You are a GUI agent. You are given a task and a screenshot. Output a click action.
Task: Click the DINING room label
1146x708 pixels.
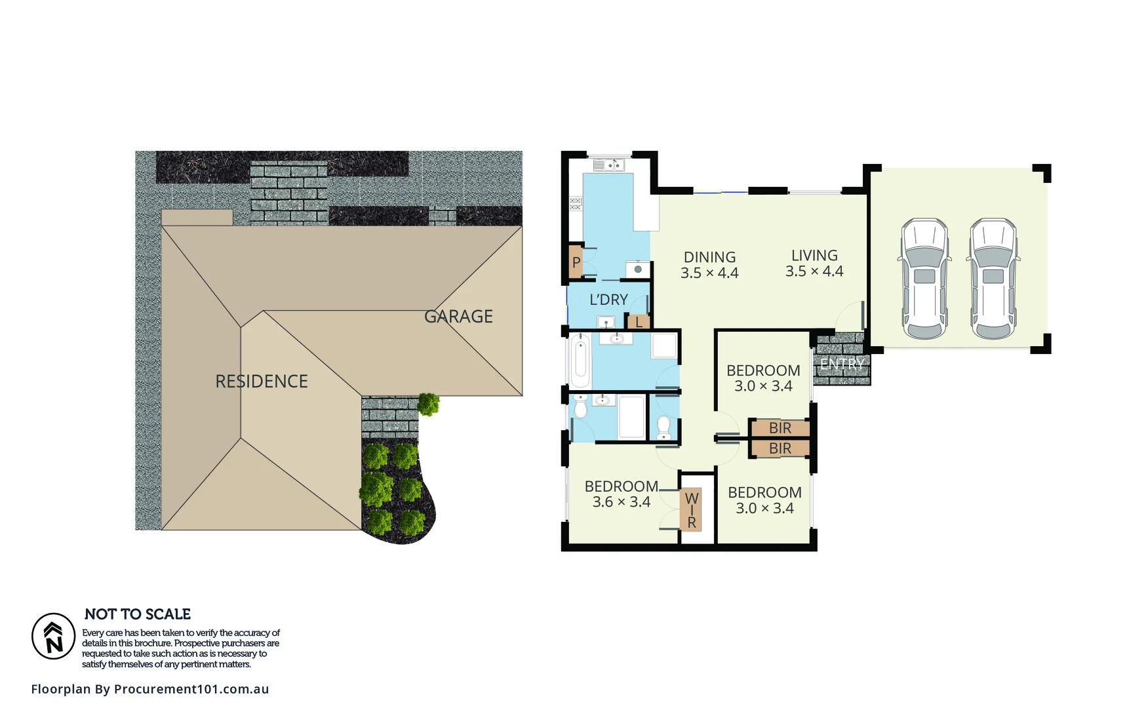709,258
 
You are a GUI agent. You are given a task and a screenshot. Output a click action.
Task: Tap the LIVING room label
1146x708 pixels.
814,256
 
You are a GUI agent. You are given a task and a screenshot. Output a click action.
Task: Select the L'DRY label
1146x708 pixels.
608,300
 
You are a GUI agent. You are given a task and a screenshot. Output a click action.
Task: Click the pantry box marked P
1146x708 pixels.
576,262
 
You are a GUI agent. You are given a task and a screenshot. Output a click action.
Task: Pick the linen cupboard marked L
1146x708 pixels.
639,322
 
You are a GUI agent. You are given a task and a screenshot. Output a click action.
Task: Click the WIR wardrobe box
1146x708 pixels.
691,510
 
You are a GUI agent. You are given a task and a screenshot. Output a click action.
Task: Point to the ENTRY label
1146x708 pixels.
842,364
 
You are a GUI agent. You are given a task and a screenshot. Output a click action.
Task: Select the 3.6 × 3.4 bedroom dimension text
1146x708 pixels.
621,502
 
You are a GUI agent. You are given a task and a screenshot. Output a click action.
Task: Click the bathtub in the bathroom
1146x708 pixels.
580,362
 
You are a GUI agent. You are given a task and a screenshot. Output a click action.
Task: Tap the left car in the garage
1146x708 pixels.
924,279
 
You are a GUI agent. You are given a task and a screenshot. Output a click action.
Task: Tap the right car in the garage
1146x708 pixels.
993,279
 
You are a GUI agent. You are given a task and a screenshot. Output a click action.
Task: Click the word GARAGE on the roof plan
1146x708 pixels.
458,317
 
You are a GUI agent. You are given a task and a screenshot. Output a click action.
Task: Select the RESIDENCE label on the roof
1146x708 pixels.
262,382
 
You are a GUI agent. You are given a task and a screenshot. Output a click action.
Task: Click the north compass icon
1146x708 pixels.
54,636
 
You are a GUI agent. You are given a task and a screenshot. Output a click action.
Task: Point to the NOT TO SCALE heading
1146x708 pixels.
138,614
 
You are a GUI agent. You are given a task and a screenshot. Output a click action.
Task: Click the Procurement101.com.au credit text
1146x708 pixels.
150,689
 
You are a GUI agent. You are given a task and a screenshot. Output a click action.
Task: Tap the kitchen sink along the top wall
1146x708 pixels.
609,165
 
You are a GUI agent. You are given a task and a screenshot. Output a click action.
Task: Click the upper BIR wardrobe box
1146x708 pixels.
780,428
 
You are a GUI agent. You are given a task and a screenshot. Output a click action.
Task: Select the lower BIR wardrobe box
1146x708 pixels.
780,448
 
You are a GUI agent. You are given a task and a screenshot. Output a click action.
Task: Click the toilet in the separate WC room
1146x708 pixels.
663,427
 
